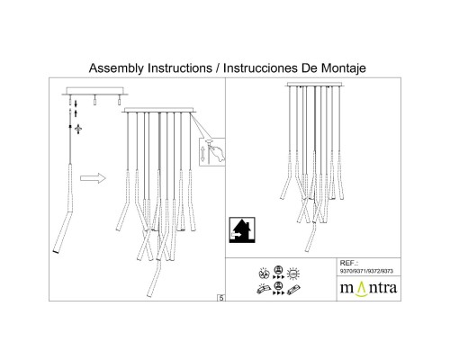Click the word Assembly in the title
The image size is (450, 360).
coord(116,68)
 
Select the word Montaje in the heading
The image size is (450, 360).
coord(344,68)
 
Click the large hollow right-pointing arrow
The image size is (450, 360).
coord(93,178)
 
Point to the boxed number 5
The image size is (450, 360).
coord(221,298)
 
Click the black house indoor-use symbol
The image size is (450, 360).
coord(242,230)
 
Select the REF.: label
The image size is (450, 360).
coord(349,263)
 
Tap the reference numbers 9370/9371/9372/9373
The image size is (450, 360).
coord(366,271)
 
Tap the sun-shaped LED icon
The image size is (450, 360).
coord(293,274)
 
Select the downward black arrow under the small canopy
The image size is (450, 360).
coord(76,103)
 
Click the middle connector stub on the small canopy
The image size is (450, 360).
coord(94,100)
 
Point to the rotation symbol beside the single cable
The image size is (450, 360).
coord(78,129)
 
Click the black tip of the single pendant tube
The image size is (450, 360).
coord(56,251)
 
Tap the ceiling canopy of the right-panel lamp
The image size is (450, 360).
coord(315,85)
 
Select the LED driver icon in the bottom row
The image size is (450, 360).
coord(293,290)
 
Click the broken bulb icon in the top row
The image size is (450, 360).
coord(264,274)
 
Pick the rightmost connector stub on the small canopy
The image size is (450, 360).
coord(119,100)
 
